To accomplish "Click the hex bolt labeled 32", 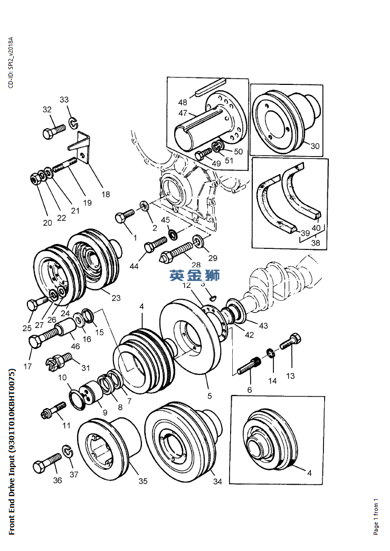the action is point(54,131).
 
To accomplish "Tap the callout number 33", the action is point(64,100).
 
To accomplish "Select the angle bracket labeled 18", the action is point(81,148).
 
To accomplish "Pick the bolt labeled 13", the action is point(291,341).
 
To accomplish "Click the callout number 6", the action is point(250,390).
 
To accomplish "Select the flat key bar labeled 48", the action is point(210,87).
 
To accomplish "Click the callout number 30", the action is point(315,146).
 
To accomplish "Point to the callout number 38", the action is point(316,243).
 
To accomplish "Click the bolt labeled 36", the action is point(47,462).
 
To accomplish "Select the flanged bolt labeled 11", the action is point(53,410).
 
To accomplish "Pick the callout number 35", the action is point(143,481).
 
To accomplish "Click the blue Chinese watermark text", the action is point(195,275).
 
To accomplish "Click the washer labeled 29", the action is point(198,241).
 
